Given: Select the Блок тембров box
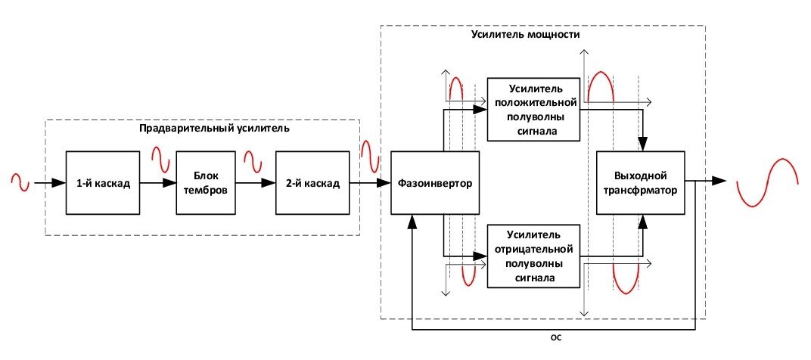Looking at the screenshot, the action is point(206,182).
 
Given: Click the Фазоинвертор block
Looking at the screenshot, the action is point(435,182).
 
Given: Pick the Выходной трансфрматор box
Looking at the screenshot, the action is point(641,182).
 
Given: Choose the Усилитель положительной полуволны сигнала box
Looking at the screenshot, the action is point(533,109).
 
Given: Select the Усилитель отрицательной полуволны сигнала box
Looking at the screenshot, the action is point(533,256).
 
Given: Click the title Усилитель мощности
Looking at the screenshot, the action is point(526,35).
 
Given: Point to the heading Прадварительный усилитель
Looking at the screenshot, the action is point(215,129).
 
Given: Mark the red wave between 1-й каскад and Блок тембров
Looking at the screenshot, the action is point(160,160).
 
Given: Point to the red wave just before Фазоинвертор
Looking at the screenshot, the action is point(371,157).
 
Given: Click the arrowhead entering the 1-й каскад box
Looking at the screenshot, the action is point(60,182).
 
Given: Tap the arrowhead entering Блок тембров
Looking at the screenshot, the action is point(169,182).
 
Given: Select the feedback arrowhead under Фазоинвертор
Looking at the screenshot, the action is point(412,222).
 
